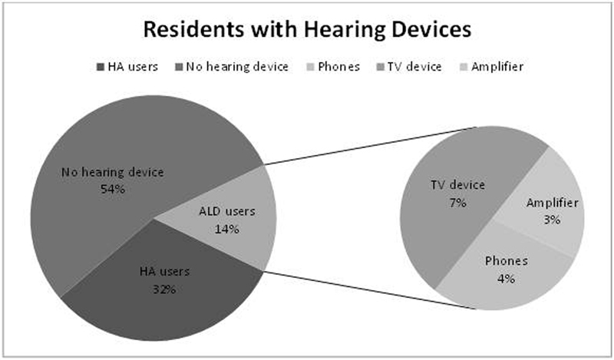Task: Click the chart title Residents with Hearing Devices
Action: (307, 29)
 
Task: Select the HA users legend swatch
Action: (101, 67)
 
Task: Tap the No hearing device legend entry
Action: (232, 67)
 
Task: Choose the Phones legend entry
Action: (333, 67)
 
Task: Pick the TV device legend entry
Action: (409, 67)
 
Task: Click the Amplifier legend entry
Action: (491, 67)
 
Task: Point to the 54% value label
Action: (113, 190)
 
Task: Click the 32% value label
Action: (164, 289)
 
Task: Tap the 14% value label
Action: (226, 230)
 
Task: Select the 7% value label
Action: (457, 203)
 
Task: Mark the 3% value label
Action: (552, 220)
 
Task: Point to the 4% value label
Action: (506, 279)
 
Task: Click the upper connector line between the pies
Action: (369, 146)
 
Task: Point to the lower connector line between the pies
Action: (369, 289)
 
